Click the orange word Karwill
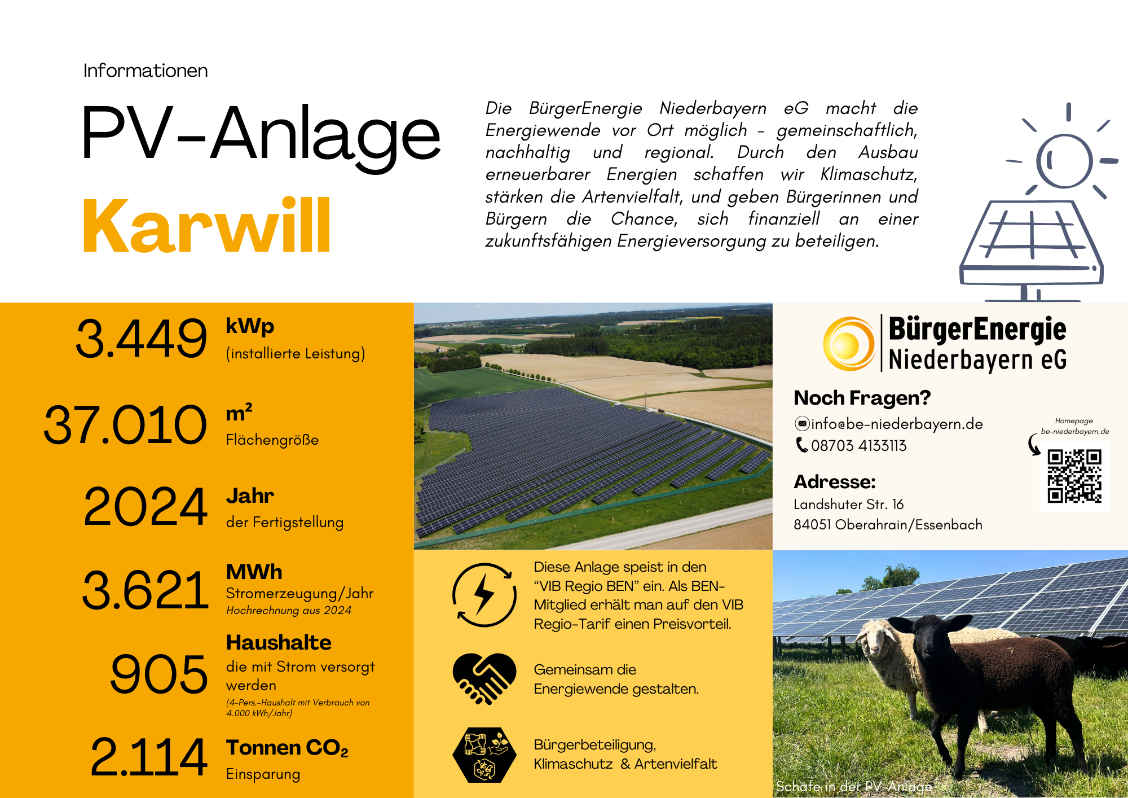(206, 225)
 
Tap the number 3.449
(142, 339)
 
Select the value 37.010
(125, 424)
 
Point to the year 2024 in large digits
(146, 506)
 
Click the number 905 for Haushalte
(159, 674)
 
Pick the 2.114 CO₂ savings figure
(149, 757)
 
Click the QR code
(1074, 476)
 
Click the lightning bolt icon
(484, 595)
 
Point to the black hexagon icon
(484, 755)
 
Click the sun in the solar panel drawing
(1064, 160)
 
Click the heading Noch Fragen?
(862, 398)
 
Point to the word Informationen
(146, 71)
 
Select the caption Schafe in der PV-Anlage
(854, 786)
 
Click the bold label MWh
(254, 572)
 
